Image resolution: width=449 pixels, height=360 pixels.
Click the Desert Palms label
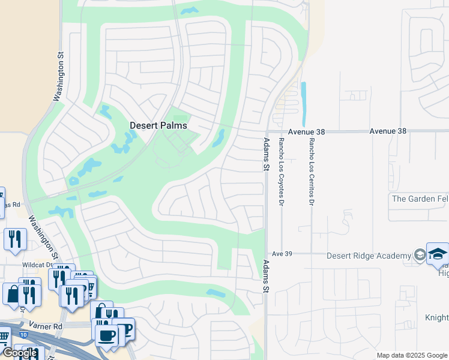[158, 125]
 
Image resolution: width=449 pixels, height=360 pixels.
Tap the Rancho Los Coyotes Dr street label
[280, 172]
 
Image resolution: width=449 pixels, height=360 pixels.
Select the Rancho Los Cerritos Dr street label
[312, 172]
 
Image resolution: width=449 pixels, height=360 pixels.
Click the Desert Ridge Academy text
[369, 256]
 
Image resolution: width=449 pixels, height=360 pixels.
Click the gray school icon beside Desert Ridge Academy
[418, 256]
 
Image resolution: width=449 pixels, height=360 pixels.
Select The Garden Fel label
[420, 199]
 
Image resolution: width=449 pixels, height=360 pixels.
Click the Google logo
[20, 353]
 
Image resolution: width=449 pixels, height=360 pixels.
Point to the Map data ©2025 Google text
[412, 356]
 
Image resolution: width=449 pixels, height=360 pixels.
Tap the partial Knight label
[436, 317]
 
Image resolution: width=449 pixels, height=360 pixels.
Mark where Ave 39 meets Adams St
[267, 254]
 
